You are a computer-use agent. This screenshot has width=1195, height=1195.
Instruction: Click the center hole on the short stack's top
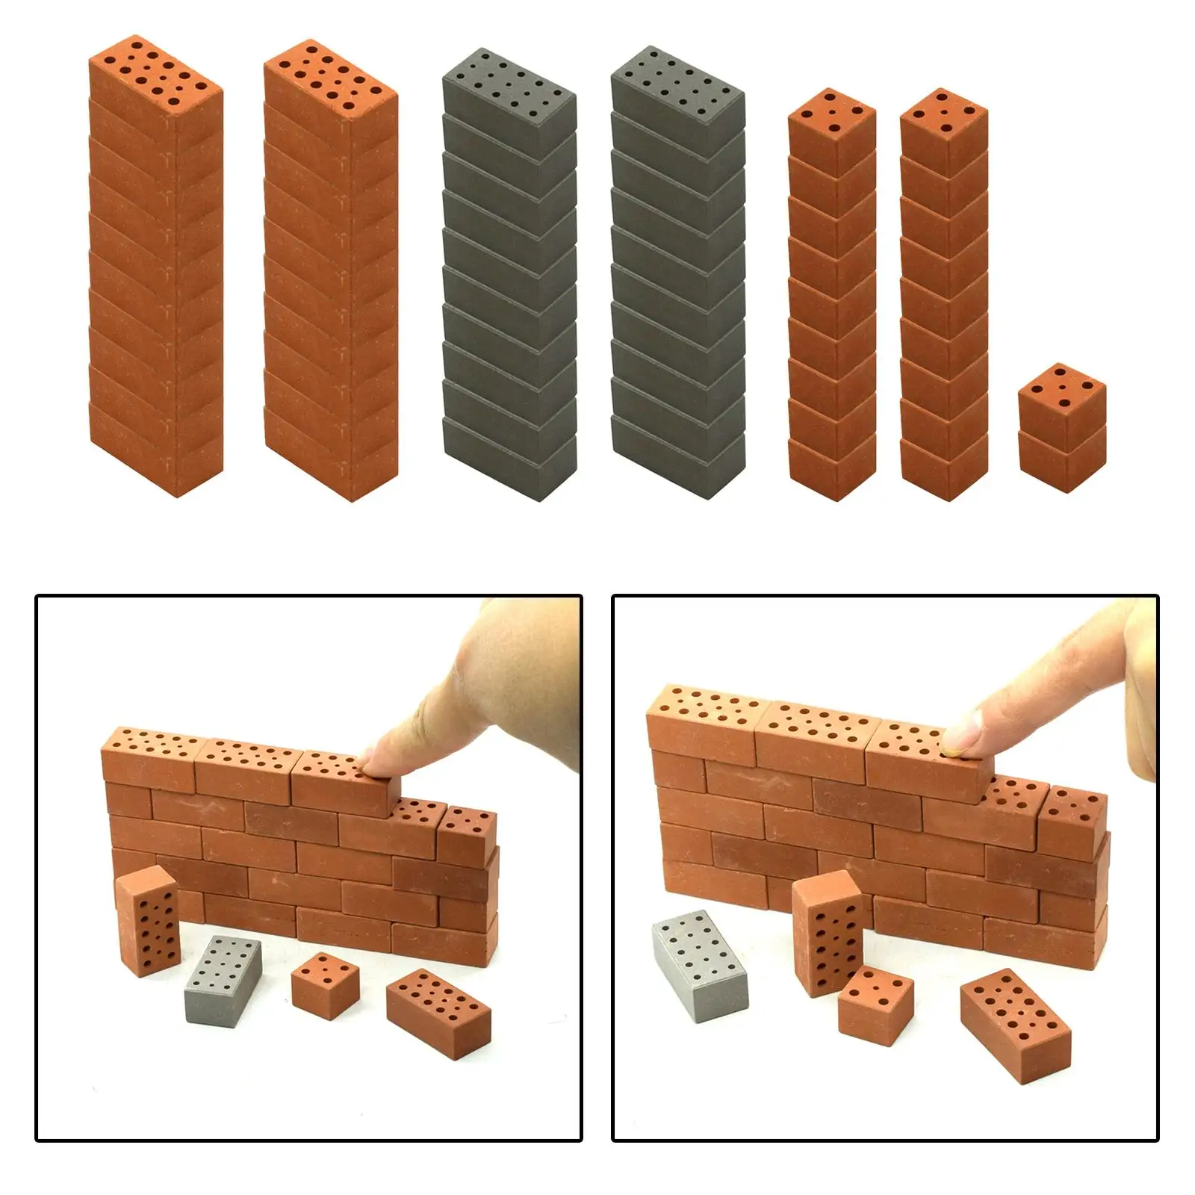(x=1061, y=385)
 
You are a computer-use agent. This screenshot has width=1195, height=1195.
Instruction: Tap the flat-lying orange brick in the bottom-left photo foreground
(x=439, y=1009)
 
